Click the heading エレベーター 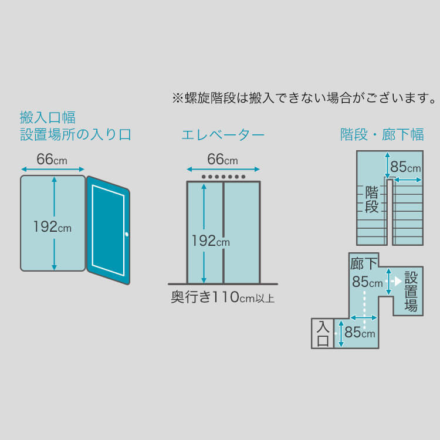[x=223, y=135]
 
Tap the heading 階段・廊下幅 [x=382, y=134]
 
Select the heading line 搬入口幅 [x=48, y=117]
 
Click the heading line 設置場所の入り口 [x=76, y=134]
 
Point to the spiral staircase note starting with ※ [x=304, y=98]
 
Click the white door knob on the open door [x=127, y=234]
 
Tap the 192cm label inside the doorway [x=52, y=226]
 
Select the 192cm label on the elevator [x=211, y=241]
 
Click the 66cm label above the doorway [x=52, y=160]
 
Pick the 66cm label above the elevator [x=222, y=160]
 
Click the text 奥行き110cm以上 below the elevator [x=222, y=297]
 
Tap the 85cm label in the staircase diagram [x=405, y=167]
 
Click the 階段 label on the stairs [x=372, y=199]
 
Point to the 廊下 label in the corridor [x=364, y=264]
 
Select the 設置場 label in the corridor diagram [x=411, y=292]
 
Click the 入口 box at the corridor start [x=323, y=334]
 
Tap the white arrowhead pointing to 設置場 [x=398, y=281]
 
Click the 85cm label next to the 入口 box [x=360, y=332]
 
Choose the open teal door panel [x=109, y=230]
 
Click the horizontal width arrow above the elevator [x=223, y=169]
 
